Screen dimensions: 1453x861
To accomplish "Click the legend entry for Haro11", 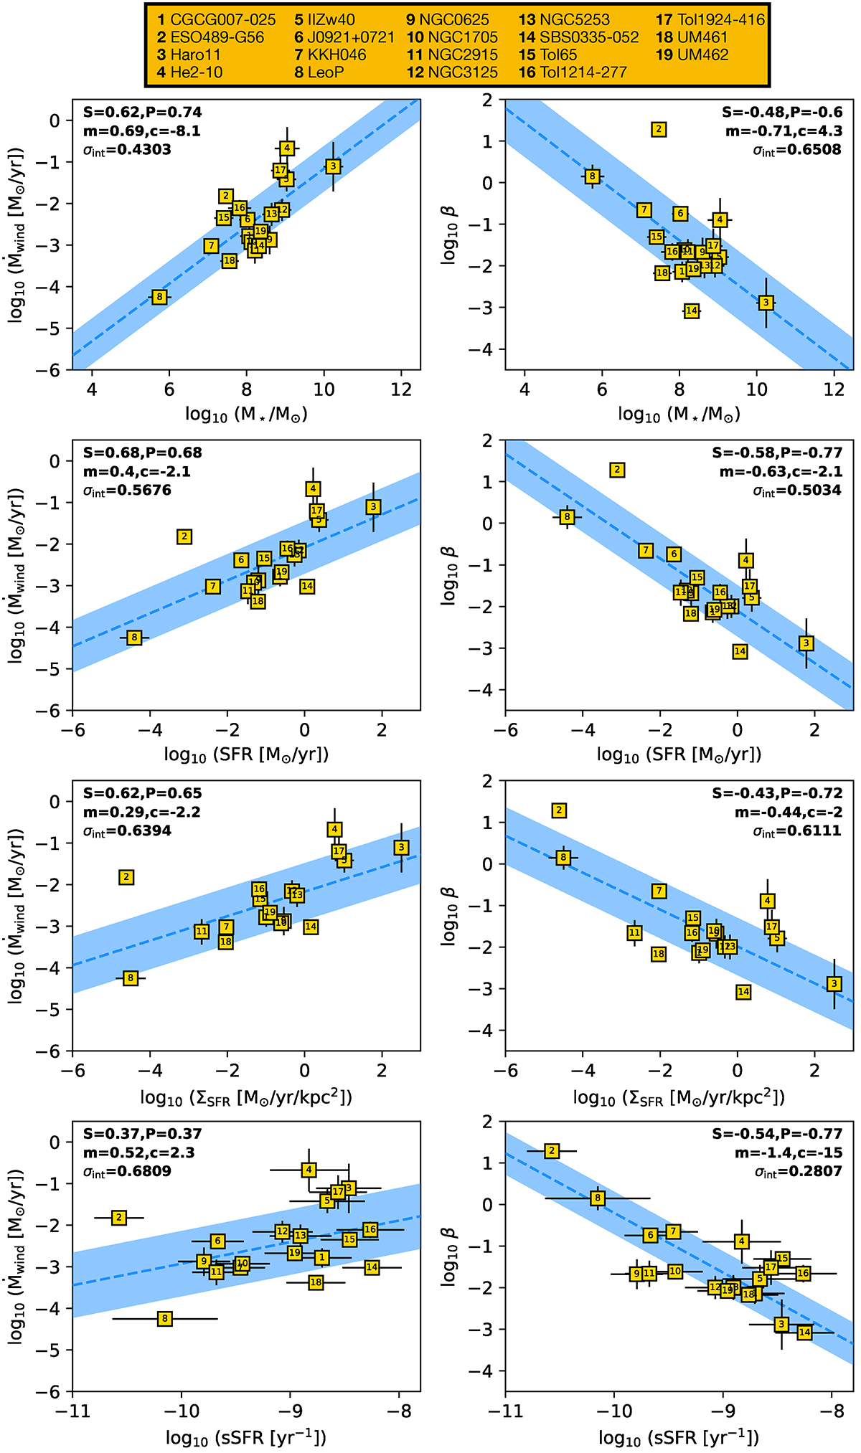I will point(189,55).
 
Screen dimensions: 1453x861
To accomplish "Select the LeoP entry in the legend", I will point(319,72).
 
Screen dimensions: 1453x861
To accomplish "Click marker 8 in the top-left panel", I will point(159,297).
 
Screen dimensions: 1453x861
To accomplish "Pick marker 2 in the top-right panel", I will point(659,130).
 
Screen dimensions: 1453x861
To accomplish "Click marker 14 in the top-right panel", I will point(692,311).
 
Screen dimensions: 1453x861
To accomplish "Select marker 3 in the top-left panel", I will point(333,166).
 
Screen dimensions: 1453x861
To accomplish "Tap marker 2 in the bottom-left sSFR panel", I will point(119,1217).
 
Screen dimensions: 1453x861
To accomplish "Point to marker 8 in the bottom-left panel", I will point(165,1318).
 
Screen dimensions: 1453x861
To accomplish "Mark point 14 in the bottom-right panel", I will point(804,1333).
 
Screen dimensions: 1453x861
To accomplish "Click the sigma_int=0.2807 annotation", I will point(797,1172).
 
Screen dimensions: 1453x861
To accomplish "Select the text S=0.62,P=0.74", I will point(143,113).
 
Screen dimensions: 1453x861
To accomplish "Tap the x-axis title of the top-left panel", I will point(246,415).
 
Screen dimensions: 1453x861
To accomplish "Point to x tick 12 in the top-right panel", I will point(834,389).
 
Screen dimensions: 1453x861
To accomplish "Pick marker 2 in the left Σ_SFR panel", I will point(127,877).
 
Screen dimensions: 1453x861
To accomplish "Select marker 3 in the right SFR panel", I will point(806,643).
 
